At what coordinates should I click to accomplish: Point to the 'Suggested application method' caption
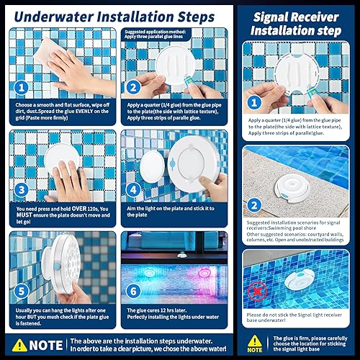pos(164,33)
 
